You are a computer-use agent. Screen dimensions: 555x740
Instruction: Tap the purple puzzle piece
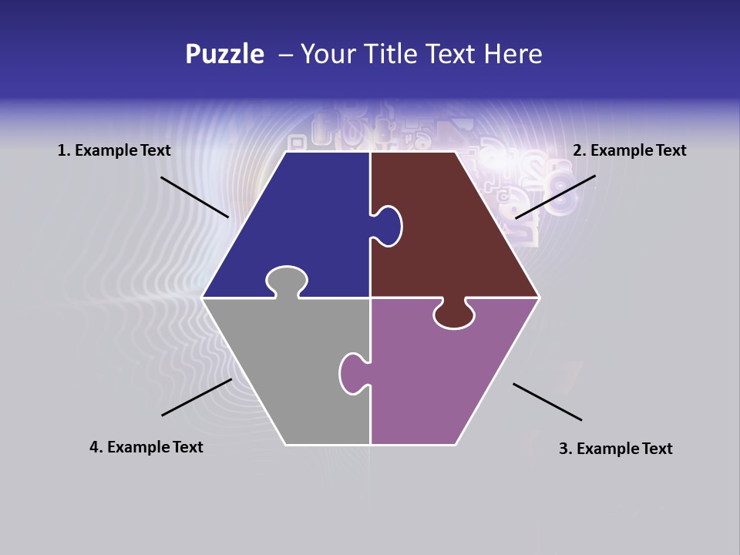[x=439, y=378]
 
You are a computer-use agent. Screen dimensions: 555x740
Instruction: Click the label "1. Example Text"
[x=114, y=151]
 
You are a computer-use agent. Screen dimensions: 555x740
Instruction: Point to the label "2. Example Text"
[x=629, y=151]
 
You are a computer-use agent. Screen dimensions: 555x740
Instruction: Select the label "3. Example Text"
[x=615, y=449]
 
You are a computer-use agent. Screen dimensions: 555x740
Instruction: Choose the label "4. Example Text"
[x=146, y=447]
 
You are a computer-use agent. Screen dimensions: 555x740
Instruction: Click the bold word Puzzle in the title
[x=224, y=55]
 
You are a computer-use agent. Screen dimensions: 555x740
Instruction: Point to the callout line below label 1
[x=194, y=197]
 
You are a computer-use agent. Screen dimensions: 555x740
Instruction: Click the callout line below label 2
[x=555, y=197]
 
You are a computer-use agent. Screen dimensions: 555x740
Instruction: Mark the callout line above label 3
[x=547, y=402]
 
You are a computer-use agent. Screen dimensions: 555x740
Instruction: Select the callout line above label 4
[x=197, y=397]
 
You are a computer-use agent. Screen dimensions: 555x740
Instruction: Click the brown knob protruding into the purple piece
[x=454, y=314]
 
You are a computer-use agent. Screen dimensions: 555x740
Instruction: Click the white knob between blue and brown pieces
[x=388, y=224]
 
